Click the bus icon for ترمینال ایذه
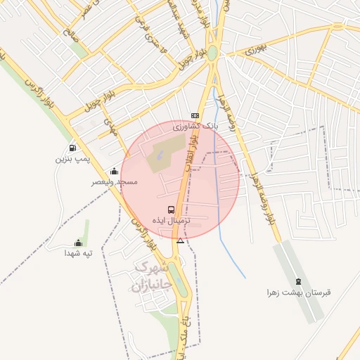coord(172,210)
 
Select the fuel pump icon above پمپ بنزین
coord(72,148)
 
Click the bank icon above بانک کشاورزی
coord(195,115)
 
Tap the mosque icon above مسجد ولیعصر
coord(114,171)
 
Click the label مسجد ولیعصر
coord(114,182)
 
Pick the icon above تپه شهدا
coord(79,243)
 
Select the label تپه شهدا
coord(79,253)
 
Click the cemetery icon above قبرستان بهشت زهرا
coord(298,282)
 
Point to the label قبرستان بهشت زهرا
coord(298,292)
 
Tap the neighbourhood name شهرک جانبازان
coord(152,277)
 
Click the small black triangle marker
coord(181,241)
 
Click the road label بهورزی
coord(257,51)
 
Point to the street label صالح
coord(68,33)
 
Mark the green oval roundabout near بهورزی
coord(212,53)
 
